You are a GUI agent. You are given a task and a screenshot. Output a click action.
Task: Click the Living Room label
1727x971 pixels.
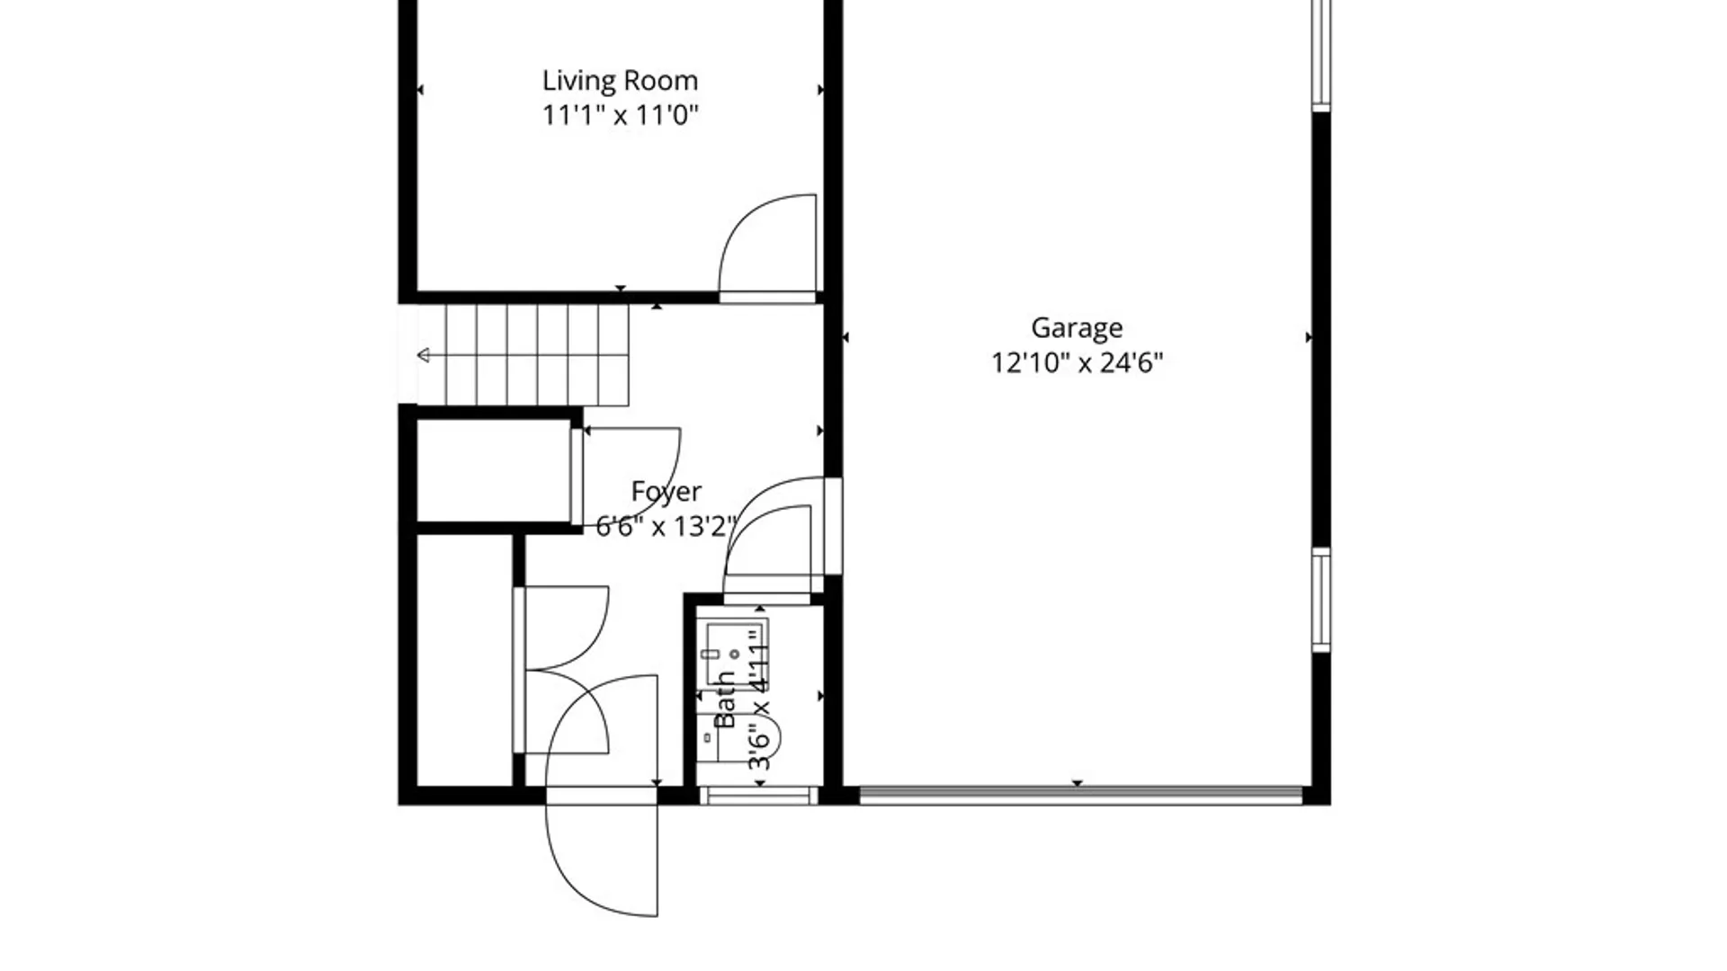coord(620,81)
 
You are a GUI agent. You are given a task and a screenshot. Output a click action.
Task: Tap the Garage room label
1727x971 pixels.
coord(1077,328)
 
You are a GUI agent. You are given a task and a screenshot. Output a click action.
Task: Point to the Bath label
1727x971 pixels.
coord(725,699)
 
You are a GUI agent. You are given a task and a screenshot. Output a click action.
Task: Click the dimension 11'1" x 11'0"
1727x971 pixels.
coord(620,115)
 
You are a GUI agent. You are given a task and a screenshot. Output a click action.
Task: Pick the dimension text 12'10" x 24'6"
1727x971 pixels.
coord(1077,362)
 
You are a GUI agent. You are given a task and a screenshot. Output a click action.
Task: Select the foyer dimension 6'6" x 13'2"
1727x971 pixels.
coord(667,526)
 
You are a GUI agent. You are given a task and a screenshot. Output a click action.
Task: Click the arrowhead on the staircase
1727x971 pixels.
coord(424,355)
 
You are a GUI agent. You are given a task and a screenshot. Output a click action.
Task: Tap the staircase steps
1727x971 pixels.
coord(537,355)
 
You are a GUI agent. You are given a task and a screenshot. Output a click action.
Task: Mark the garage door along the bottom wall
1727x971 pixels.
coord(1080,796)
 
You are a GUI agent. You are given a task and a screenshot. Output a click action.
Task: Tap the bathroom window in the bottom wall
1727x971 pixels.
coord(758,796)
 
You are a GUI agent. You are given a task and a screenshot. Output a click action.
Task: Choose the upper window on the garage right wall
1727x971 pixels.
coord(1320,54)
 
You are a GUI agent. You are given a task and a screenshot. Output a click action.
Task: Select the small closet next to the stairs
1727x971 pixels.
coord(494,470)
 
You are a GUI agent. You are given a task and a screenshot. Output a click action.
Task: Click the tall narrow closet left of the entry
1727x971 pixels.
coord(465,660)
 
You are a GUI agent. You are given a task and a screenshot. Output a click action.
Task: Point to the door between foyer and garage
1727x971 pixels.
coord(833,526)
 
